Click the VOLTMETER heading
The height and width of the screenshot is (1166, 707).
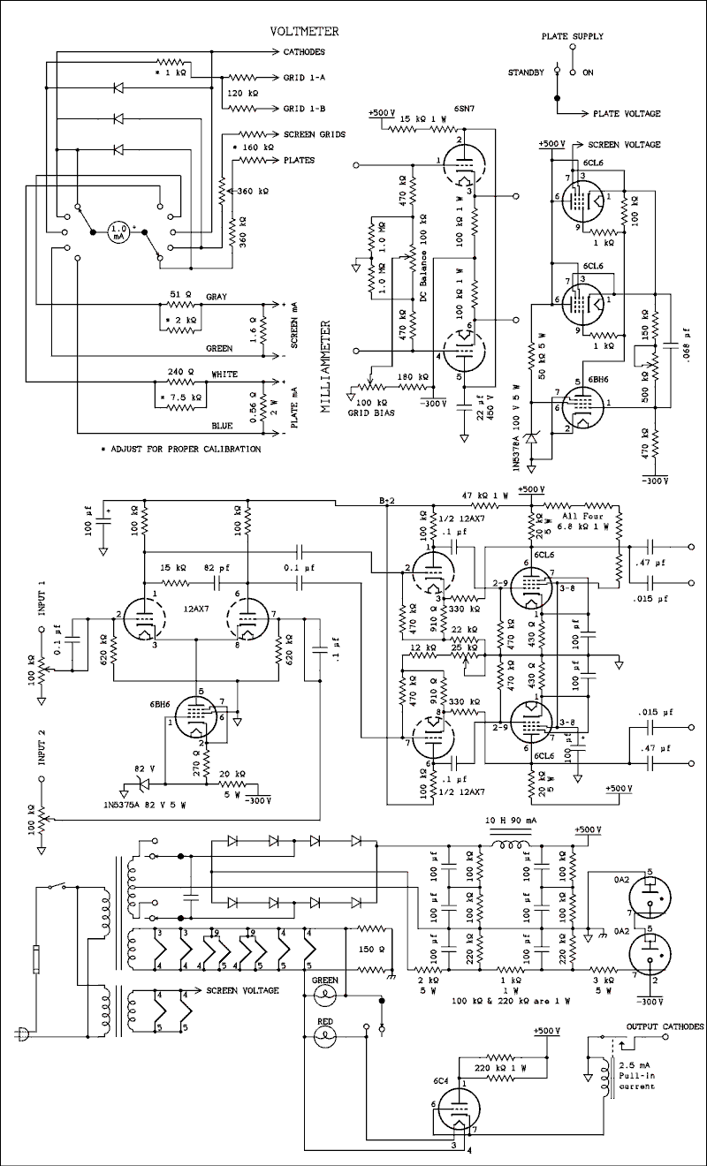[x=305, y=32]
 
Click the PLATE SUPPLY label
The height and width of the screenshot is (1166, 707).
[x=573, y=37]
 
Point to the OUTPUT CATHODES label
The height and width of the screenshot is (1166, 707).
[x=665, y=1026]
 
